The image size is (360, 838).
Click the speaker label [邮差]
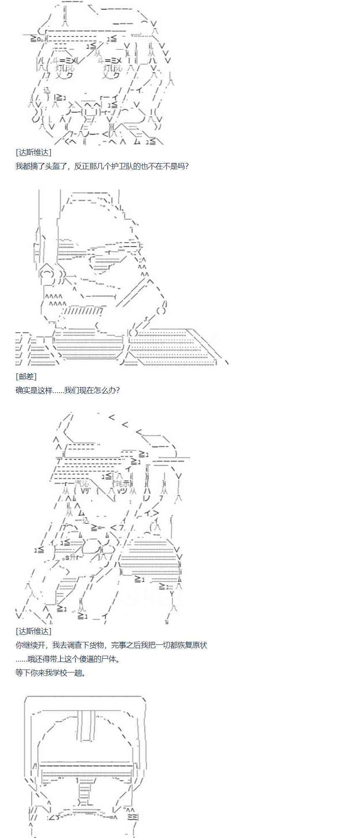(26, 376)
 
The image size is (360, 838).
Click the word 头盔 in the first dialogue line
(53, 166)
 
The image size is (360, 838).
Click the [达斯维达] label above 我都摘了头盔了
(33, 153)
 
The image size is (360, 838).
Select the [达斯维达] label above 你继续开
(33, 631)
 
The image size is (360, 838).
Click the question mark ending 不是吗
(186, 166)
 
